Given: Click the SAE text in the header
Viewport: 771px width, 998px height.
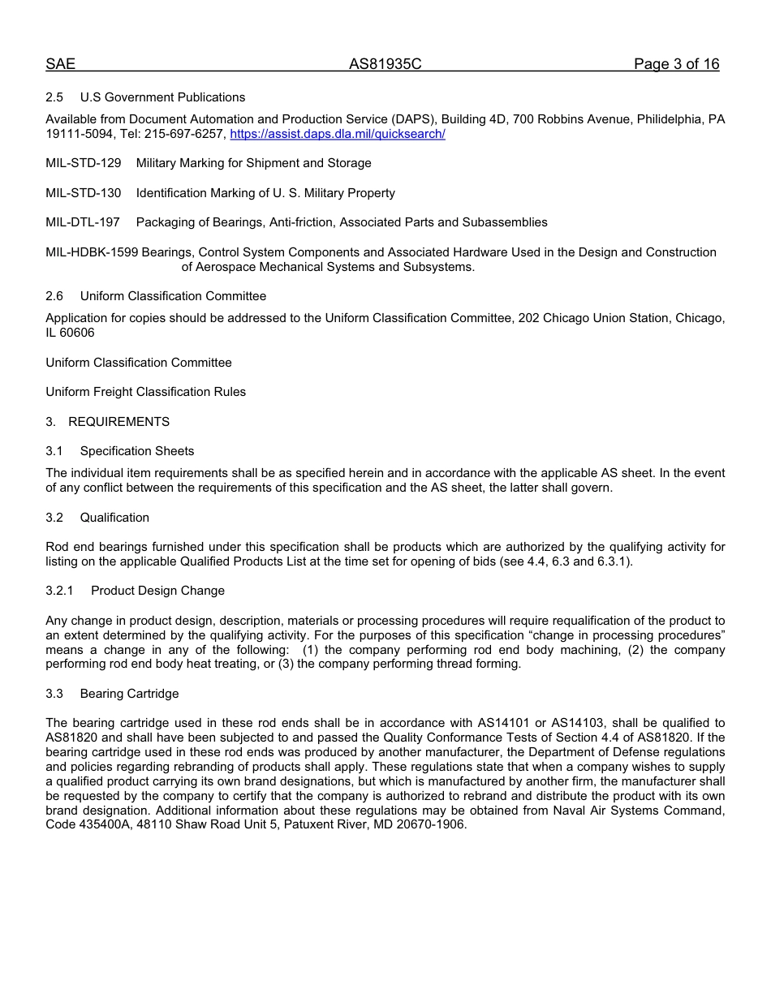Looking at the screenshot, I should (60, 64).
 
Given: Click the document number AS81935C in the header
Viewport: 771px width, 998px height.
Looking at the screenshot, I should (385, 64).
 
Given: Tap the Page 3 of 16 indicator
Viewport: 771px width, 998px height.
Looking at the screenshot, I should (676, 64).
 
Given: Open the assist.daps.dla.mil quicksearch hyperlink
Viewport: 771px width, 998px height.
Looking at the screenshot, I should (338, 134).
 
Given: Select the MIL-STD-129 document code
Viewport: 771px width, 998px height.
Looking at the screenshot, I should (84, 163).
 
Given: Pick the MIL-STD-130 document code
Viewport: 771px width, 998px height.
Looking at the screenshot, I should (84, 193).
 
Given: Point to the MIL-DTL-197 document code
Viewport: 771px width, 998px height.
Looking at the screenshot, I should (83, 222).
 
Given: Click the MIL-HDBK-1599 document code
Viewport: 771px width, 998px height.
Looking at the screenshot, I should (92, 252).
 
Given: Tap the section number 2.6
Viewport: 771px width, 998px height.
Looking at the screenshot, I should (54, 296).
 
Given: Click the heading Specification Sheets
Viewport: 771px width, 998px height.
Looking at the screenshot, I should (137, 451).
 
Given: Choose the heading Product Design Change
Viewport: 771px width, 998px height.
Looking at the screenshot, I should (157, 591).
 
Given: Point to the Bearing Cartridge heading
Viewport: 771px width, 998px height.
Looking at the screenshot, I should (129, 694).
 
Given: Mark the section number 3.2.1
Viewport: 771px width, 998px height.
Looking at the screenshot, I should (59, 591).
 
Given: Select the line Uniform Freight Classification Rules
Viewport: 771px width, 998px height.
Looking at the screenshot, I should (145, 392).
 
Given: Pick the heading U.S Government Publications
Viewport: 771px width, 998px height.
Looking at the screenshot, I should (162, 97).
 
